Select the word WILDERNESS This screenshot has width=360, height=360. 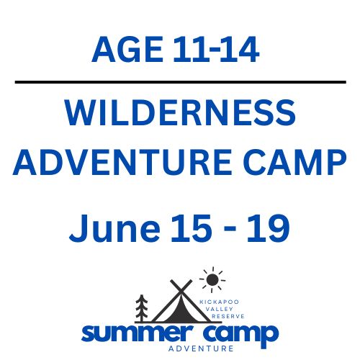pyautogui.click(x=180, y=115)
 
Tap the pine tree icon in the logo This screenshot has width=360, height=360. pyautogui.click(x=141, y=309)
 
